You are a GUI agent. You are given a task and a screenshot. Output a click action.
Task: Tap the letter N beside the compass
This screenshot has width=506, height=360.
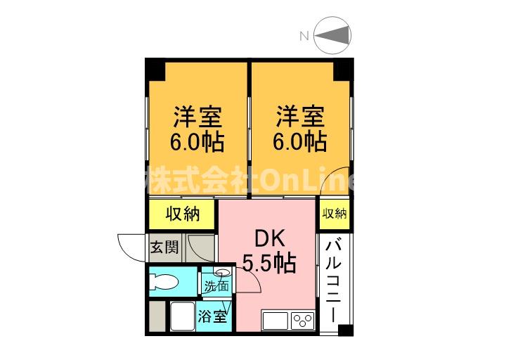point(304,36)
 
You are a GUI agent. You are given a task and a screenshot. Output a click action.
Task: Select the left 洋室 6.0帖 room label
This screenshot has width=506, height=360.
point(197,129)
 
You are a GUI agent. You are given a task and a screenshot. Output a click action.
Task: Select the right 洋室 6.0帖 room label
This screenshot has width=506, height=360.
point(300,129)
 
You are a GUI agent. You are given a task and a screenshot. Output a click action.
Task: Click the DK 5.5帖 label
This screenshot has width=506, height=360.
point(269,252)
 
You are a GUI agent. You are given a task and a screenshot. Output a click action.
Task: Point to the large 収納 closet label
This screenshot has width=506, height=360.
point(183,214)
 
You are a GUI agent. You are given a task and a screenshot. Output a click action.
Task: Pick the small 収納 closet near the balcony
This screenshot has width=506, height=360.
point(335,214)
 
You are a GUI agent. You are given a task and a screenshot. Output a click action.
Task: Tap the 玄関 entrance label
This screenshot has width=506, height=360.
point(164,248)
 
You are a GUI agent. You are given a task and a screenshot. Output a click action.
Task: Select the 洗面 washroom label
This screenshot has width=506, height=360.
point(216,285)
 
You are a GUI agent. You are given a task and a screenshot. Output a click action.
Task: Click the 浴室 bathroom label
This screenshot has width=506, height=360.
point(212,316)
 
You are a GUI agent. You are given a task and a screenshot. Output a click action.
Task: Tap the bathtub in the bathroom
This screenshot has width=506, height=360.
point(182,316)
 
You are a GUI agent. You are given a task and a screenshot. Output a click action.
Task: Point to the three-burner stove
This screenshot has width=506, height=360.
point(303,321)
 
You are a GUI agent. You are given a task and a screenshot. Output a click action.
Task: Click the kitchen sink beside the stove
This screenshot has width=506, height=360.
point(275,321)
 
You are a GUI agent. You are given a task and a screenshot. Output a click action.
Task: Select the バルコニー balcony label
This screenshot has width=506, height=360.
point(333,281)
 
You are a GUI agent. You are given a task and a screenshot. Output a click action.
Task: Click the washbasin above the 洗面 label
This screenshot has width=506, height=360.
point(222,272)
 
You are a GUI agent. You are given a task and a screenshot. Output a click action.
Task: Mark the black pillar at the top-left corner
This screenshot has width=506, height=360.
point(155,69)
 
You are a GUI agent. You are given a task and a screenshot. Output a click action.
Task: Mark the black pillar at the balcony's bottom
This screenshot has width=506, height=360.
point(345,330)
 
